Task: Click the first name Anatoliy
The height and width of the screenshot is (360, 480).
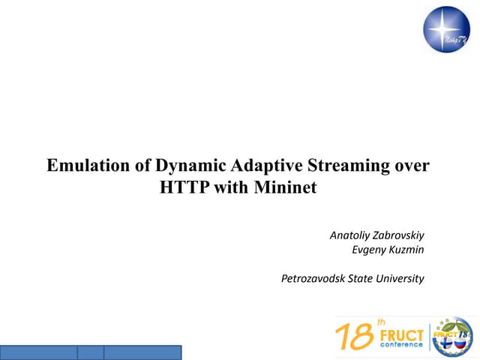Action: pyautogui.click(x=350, y=235)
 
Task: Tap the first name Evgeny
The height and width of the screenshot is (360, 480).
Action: pyautogui.click(x=369, y=250)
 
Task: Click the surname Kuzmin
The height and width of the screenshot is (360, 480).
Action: pyautogui.click(x=407, y=250)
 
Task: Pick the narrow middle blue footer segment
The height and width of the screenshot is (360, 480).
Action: pyautogui.click(x=90, y=352)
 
